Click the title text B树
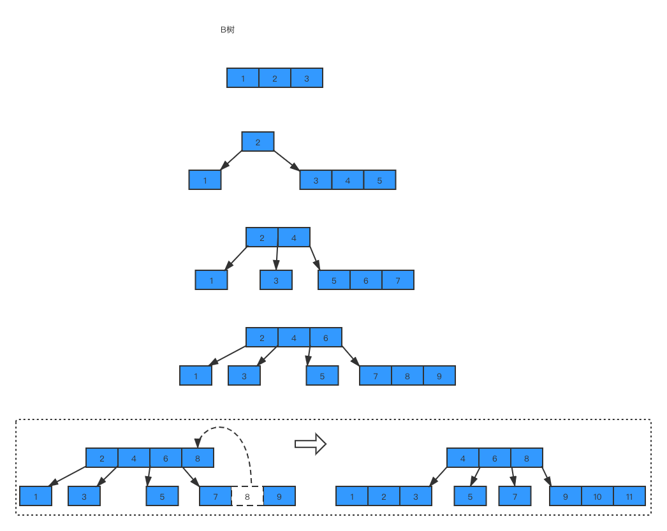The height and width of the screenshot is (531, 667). pos(227,30)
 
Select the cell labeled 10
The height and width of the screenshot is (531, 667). pos(597,497)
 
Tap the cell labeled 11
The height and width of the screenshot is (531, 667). pos(629,497)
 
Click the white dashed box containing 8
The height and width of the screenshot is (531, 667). pos(247,497)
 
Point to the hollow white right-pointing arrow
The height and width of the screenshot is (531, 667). pos(310,444)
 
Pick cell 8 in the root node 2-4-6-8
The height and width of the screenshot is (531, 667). pos(198,458)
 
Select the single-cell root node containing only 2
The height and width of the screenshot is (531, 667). pos(258,142)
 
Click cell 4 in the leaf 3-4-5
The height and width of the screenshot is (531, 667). pos(348,180)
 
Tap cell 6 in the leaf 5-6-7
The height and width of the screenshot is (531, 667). pos(366,280)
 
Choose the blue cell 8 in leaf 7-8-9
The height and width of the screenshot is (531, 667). pos(407,376)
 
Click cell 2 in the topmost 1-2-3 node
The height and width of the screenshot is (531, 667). pos(275,78)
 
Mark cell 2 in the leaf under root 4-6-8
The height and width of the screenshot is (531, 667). pos(384,497)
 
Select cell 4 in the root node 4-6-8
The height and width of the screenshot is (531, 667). pos(463,458)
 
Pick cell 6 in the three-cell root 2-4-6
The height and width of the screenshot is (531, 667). pos(326,338)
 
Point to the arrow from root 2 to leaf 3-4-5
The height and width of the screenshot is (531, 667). pos(287,161)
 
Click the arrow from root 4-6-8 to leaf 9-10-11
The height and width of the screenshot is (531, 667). pos(546,477)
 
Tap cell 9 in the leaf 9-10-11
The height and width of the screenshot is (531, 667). pos(566,497)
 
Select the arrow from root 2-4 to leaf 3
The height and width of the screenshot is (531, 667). pos(277,258)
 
